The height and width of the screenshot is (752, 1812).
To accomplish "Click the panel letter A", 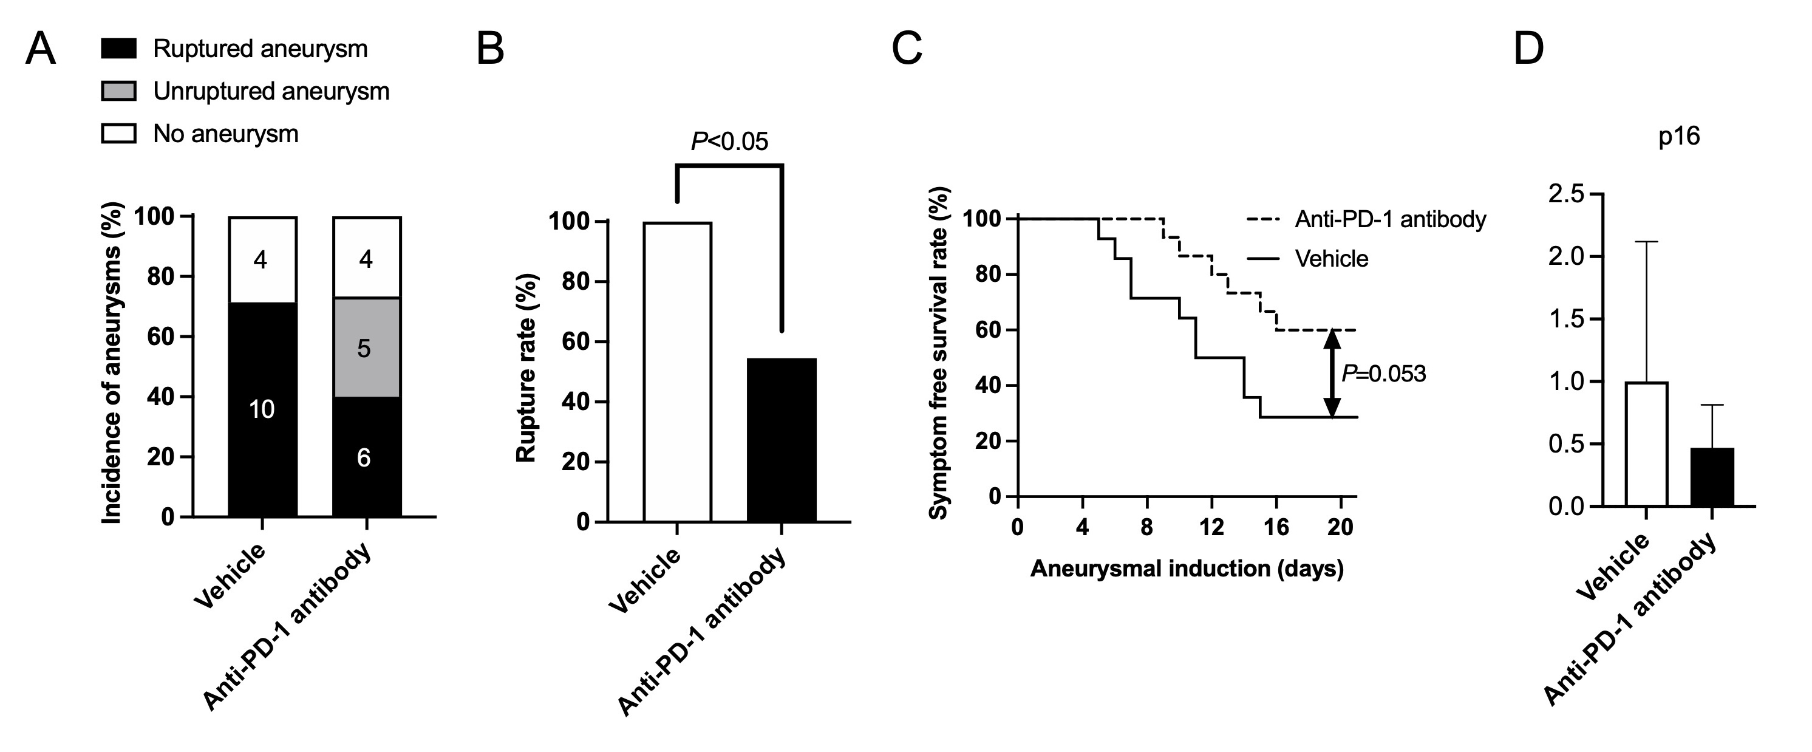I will coord(40,50).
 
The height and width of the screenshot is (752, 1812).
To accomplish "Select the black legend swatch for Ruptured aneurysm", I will coord(118,49).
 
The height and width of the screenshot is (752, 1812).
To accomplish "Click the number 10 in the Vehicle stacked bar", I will coord(262,409).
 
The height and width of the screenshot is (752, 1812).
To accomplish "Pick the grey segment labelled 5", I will coord(366,347).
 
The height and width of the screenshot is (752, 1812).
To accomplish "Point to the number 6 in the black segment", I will coord(364,458).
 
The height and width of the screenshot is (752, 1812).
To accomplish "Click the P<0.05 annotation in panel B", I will coord(729,142).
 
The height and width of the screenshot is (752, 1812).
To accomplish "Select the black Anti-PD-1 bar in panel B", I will coord(782,440).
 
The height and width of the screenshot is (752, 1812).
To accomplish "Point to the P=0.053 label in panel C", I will coord(1384,374).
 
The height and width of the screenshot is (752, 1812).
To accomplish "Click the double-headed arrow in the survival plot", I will coord(1332,374).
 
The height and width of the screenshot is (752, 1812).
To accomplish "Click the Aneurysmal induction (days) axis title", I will coord(1187,569).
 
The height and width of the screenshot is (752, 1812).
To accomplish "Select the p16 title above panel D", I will coord(1679,136).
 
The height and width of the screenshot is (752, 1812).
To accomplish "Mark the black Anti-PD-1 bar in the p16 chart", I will coord(1711,477).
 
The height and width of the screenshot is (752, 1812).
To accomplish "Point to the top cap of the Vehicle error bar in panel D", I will coord(1646,242).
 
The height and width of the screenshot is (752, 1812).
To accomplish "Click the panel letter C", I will coord(907,50).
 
